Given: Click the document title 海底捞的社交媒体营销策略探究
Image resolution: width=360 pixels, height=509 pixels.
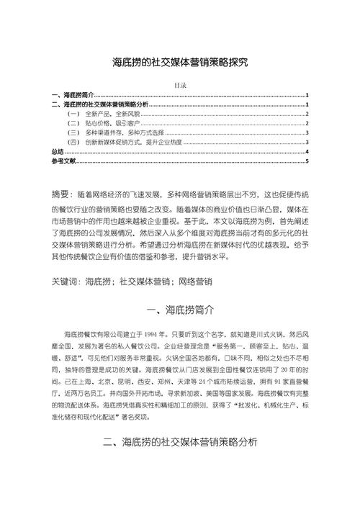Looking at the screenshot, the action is coord(180,63).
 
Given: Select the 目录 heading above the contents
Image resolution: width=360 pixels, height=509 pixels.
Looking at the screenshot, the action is coord(180,85).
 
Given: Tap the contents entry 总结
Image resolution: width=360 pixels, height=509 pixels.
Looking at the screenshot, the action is coord(58,152).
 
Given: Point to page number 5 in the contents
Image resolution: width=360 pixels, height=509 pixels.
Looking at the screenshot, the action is coord(307,161).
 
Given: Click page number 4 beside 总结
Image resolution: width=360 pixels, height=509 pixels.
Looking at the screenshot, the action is coord(307,152).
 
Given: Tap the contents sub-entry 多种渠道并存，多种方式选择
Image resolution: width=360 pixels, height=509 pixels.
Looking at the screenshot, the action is coord(122,133).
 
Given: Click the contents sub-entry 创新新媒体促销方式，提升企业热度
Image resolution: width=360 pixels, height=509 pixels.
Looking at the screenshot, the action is coord(132,143).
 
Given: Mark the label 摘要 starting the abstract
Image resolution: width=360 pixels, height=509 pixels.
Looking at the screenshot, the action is coord(63,195).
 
